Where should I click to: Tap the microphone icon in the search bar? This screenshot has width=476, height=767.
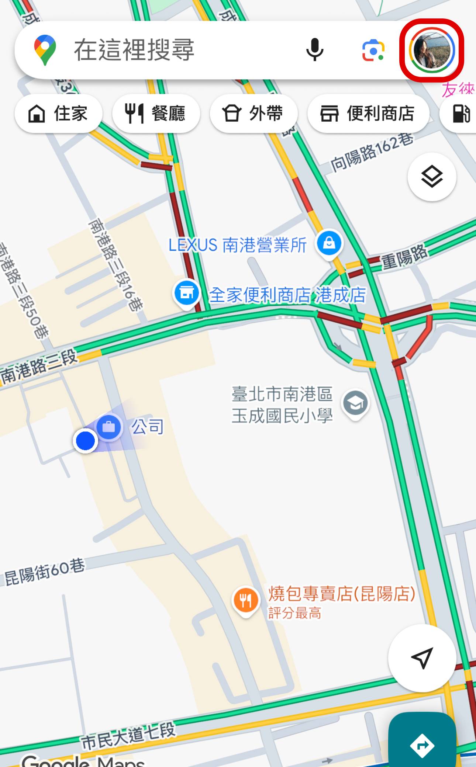pos(315,49)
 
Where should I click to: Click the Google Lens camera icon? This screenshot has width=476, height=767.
pos(373,50)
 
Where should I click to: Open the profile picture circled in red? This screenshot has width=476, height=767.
pos(431,50)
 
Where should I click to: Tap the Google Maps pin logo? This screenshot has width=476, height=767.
pos(45,50)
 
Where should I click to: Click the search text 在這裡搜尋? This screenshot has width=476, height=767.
pos(134,50)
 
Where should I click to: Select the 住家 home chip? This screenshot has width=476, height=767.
pos(58,113)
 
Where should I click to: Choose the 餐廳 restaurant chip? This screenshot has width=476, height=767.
pos(156,113)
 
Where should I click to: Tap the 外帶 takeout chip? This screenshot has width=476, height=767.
pos(253,113)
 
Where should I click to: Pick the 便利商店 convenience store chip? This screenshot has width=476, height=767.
pos(368,113)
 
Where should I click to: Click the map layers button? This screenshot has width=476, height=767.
pos(432,177)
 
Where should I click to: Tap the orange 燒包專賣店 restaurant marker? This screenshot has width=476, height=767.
pos(245,601)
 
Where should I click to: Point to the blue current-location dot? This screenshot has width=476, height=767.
pos(85,441)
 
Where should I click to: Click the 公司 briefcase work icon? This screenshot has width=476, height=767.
pos(109,427)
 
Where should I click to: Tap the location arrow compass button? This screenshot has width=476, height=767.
pos(422,658)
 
